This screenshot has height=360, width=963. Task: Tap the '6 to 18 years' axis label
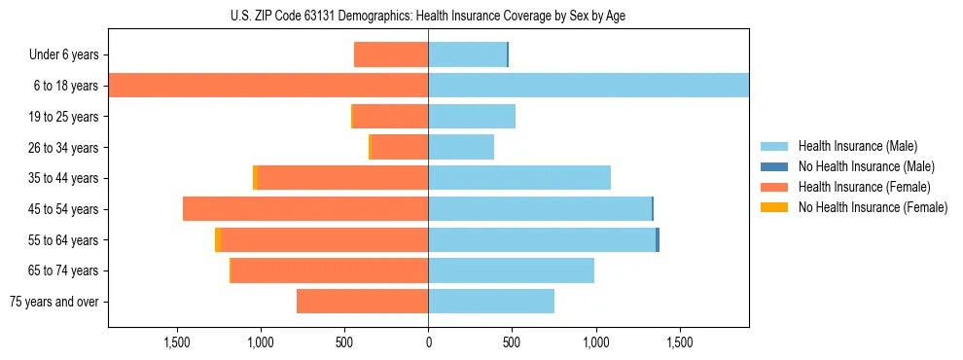pos(66,86)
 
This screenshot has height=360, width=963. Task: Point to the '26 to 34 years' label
pos(64,148)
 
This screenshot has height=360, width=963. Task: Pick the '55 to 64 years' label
pos(64,240)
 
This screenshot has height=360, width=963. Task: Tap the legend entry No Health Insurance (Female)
pos(872,207)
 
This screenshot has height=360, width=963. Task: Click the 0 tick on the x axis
pos(428,343)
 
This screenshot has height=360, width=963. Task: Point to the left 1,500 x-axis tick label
pos(177,343)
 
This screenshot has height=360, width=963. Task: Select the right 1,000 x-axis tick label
pos(596,343)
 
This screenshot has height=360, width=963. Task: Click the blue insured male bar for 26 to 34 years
pos(461,147)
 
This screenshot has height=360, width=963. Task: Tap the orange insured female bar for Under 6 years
pos(391,54)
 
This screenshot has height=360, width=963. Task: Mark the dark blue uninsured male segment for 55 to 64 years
pos(658,239)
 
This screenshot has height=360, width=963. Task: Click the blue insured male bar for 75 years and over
pos(491,302)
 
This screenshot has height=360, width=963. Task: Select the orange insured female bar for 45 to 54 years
pos(305,209)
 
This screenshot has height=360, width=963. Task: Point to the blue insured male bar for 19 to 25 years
pos(472,117)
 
